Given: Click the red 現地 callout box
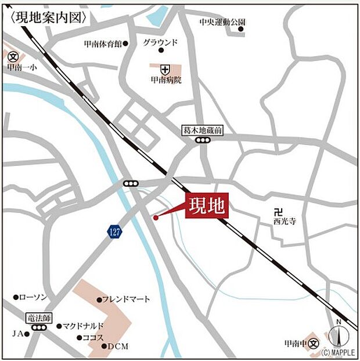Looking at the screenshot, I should (x=207, y=205).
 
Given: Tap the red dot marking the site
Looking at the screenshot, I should (x=156, y=218).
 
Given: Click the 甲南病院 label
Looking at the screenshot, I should (x=165, y=80).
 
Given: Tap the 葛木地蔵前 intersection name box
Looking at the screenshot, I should (x=202, y=132).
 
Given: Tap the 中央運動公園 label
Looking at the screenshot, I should (x=222, y=22).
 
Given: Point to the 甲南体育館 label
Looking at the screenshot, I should (x=103, y=44).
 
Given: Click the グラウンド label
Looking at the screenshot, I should (x=160, y=42).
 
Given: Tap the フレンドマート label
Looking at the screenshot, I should (x=126, y=299).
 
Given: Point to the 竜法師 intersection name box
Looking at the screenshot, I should (x=39, y=318).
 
